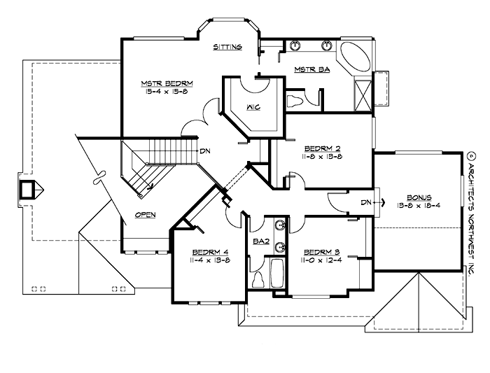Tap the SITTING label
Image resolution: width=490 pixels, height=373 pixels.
tap(227, 48)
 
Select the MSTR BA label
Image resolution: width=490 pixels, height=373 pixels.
tap(308, 69)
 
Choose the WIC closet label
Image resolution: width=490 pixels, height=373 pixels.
tap(254, 107)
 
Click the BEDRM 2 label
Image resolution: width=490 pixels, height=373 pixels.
tap(322, 148)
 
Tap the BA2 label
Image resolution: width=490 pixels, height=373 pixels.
tap(261, 241)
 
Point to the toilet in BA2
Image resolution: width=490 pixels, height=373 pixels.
tap(257, 279)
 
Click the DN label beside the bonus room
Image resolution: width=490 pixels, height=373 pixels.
tap(365, 202)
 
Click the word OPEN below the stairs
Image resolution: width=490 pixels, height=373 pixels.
tap(146, 215)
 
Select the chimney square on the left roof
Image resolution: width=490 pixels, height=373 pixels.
tap(29, 189)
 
